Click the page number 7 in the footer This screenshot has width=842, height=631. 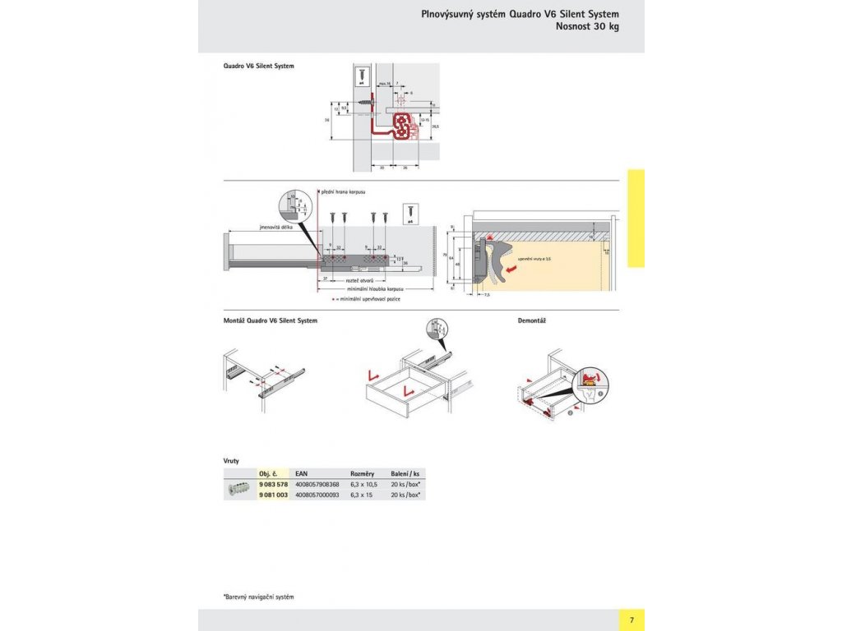[x=631, y=619]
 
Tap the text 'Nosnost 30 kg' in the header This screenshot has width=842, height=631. [x=587, y=26]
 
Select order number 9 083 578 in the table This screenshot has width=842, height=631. [x=273, y=485]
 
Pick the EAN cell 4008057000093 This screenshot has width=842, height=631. [x=317, y=495]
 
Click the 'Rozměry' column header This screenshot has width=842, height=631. [x=363, y=474]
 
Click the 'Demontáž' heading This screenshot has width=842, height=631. [x=533, y=320]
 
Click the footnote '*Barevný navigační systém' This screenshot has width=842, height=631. [x=258, y=596]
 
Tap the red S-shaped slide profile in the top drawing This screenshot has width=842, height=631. [x=403, y=127]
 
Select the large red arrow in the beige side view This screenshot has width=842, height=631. [x=511, y=268]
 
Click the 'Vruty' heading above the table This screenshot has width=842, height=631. [x=231, y=461]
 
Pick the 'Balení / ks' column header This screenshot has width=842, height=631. [x=405, y=474]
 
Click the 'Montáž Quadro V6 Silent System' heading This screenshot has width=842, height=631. [x=271, y=320]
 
